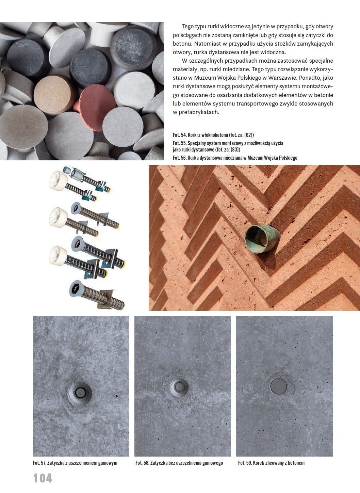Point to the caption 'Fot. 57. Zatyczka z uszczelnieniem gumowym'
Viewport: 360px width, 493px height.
(x=75, y=463)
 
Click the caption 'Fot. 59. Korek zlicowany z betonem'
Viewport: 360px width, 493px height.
(x=272, y=463)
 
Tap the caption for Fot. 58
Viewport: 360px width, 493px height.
(x=179, y=463)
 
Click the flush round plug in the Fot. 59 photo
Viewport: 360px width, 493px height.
(x=278, y=386)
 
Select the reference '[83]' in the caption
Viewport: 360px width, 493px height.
(x=235, y=150)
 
